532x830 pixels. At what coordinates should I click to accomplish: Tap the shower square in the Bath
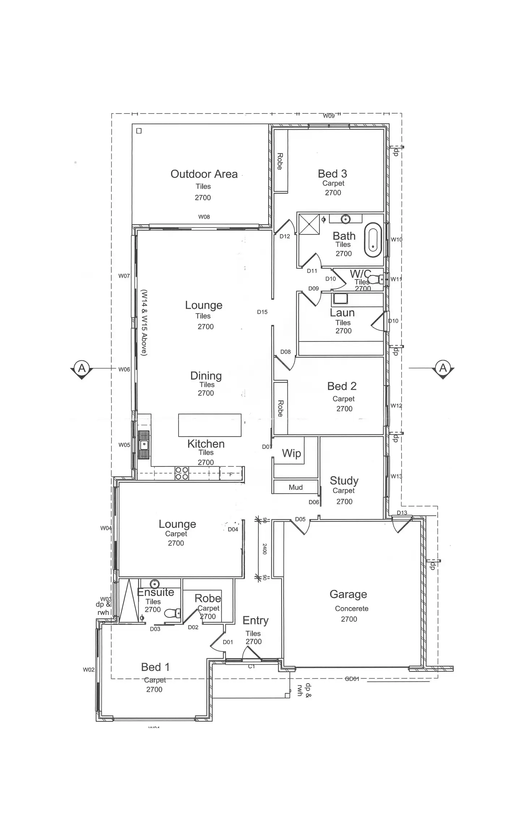[309, 224]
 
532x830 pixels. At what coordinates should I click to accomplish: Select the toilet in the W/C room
[378, 279]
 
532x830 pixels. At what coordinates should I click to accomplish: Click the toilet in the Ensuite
[172, 613]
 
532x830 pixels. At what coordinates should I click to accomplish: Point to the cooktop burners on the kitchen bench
[182, 473]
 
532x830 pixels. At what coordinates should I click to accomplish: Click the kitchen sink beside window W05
[144, 444]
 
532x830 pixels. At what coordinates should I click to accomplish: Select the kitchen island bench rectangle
[210, 425]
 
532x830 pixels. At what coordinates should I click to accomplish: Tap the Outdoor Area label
[204, 174]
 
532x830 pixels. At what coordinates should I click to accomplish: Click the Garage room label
[348, 594]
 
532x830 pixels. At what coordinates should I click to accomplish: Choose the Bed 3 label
[332, 174]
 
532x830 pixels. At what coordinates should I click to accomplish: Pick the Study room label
[344, 481]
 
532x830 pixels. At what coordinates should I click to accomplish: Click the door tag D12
[285, 237]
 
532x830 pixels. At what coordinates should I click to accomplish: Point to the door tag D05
[300, 519]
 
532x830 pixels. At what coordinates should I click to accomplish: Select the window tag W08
[204, 217]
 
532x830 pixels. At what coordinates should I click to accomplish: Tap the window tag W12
[396, 406]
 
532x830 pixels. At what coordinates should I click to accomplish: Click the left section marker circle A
[82, 368]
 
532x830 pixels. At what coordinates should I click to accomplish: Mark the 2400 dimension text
[265, 549]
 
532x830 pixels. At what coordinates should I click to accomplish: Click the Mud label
[296, 488]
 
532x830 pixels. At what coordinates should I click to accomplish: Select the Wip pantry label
[291, 453]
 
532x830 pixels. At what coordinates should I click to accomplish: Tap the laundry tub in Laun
[340, 299]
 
